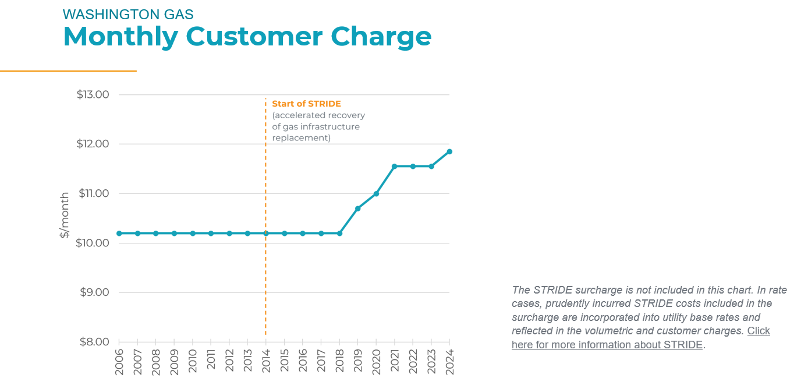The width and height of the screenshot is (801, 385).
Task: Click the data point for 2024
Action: tap(449, 151)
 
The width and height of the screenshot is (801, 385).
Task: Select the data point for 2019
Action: tap(357, 209)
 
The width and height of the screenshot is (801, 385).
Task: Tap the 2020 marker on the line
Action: tap(376, 193)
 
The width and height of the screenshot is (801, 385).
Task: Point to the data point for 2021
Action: tap(394, 166)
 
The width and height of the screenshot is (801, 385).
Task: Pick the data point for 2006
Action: tap(119, 233)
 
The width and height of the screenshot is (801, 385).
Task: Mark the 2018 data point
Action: tap(339, 233)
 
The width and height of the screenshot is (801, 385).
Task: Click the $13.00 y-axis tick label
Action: tap(93, 94)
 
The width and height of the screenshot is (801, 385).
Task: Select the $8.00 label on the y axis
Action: tap(93, 342)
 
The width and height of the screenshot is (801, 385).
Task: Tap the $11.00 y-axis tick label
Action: tap(93, 193)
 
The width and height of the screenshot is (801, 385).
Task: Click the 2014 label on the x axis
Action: tap(266, 361)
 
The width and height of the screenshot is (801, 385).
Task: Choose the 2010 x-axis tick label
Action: tap(193, 361)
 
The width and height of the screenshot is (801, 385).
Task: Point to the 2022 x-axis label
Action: tap(413, 361)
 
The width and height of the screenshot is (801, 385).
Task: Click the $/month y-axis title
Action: tap(65, 215)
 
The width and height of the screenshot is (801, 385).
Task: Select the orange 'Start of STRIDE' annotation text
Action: tap(306, 104)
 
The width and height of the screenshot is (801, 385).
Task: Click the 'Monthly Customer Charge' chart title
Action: tap(247, 36)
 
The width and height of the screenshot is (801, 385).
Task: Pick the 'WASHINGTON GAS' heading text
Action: tap(128, 14)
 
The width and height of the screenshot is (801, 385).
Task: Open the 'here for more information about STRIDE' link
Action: tap(607, 344)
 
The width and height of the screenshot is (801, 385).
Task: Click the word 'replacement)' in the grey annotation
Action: tap(301, 138)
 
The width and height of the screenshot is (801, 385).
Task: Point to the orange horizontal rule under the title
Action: tap(68, 71)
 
